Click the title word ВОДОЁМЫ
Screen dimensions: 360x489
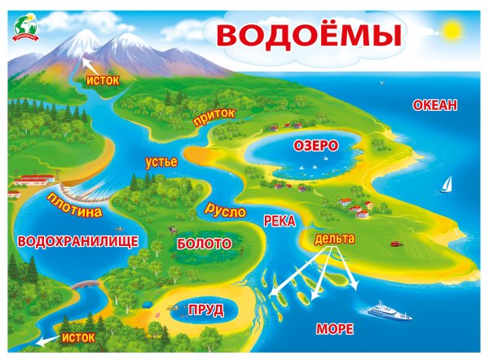click(309, 34)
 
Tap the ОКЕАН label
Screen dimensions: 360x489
click(435, 105)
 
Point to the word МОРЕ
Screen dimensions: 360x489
click(334, 329)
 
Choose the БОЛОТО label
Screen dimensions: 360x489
click(204, 244)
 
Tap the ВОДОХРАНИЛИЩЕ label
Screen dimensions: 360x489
click(77, 241)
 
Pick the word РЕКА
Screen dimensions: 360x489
click(280, 221)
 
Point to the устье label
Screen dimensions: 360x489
click(161, 161)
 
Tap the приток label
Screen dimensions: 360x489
click(214, 116)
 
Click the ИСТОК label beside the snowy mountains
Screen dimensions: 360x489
click(103, 80)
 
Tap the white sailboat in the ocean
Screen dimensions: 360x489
click(447, 185)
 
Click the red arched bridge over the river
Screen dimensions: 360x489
click(86, 284)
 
